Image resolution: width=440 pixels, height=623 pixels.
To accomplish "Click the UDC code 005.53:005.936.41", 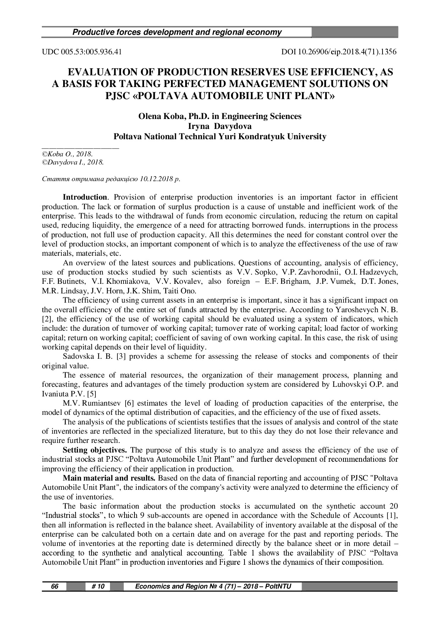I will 82,52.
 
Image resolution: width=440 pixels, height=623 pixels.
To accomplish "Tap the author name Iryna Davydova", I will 220,126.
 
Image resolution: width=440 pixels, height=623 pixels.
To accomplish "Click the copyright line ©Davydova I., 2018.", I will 73,162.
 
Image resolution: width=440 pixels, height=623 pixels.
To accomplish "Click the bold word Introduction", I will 85,197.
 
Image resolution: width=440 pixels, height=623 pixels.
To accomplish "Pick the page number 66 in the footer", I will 55,586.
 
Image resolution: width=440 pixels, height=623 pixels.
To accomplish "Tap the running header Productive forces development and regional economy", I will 177,33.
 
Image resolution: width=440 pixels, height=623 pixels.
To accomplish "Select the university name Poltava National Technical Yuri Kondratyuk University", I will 220,137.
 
